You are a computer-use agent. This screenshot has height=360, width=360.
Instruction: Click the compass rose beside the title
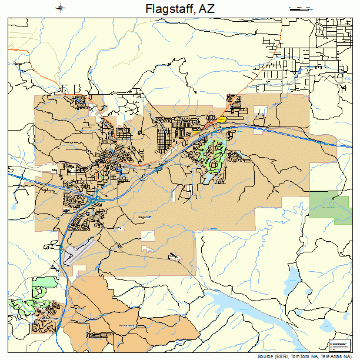click(61, 8)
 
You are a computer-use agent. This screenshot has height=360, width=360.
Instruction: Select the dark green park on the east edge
click(329, 206)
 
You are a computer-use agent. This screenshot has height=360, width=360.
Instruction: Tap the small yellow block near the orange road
click(222, 119)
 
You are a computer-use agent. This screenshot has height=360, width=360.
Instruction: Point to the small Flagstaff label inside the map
click(145, 217)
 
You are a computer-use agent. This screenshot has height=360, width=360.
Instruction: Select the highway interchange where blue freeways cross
click(94, 200)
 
